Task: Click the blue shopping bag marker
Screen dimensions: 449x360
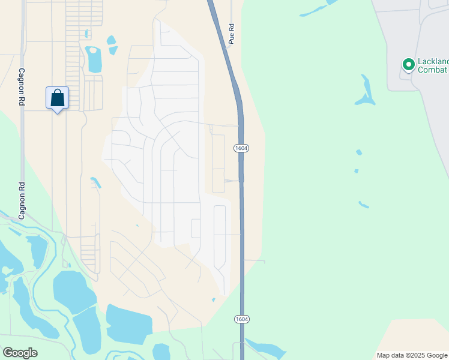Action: pos(57,98)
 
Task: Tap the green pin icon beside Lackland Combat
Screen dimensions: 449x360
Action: pos(409,64)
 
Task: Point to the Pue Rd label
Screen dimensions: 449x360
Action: pos(231,35)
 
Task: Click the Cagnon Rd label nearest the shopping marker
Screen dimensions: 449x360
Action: pos(21,87)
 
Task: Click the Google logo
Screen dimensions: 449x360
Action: pos(20,353)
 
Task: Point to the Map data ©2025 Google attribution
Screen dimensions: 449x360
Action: pos(412,355)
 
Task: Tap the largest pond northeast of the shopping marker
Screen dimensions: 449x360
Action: pos(94,59)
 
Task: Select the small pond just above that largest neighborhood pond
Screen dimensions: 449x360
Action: pos(111,41)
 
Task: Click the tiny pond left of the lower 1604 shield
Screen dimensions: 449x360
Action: pos(214,299)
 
